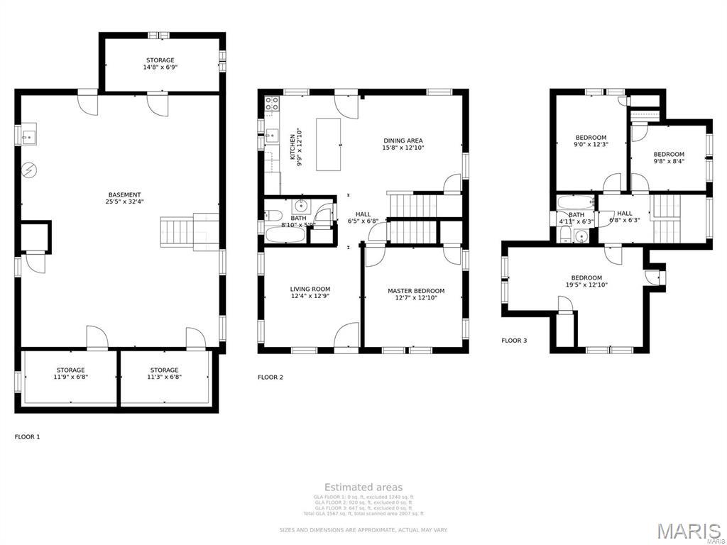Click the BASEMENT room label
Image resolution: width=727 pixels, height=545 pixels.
(124, 198)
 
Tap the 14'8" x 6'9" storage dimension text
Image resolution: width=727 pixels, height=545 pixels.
(160, 67)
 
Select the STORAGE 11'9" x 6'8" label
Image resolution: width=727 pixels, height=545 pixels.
(71, 374)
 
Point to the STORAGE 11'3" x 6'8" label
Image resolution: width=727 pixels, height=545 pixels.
(164, 374)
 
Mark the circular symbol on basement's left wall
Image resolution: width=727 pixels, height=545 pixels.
(28, 170)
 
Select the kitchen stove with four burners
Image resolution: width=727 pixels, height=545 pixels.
(271, 106)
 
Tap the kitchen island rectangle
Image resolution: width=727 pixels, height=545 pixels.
(328, 144)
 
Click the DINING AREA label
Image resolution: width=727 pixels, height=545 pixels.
(403, 144)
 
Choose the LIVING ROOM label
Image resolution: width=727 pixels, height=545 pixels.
(310, 293)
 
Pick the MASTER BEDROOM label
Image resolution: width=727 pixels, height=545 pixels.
(416, 294)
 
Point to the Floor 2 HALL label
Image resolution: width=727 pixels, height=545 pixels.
(363, 217)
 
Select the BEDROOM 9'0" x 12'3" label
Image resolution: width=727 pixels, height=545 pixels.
(591, 141)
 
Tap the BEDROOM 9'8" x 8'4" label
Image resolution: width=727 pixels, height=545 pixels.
(669, 158)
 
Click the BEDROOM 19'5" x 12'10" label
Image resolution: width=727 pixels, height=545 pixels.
(586, 281)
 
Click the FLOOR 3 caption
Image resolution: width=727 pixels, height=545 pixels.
(514, 341)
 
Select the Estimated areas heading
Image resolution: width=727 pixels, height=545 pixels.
(363, 487)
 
